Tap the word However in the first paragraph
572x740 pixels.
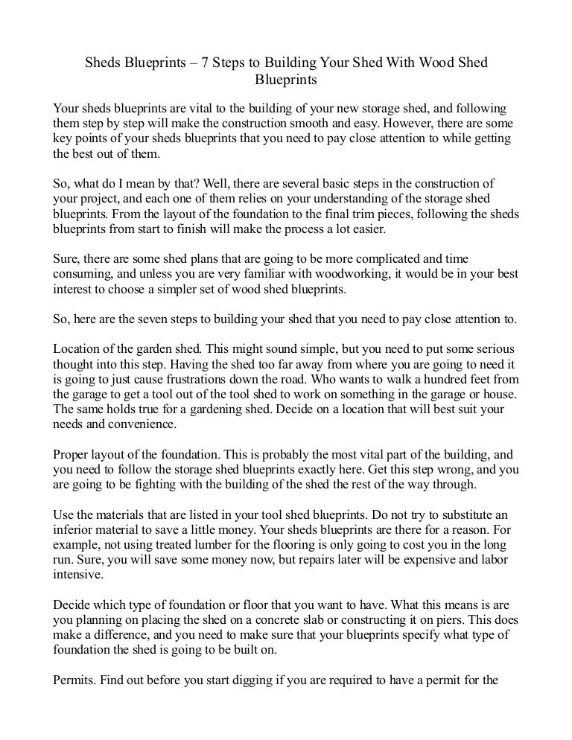(x=398, y=123)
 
